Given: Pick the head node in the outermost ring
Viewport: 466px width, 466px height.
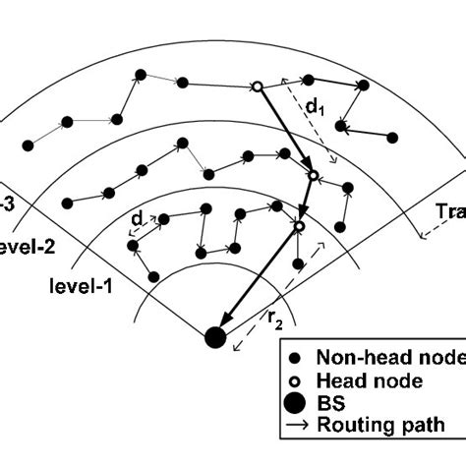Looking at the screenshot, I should click(257, 87).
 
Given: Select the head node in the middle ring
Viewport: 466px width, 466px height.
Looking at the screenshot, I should click(314, 176).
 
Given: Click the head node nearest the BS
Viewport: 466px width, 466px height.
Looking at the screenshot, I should click(299, 227).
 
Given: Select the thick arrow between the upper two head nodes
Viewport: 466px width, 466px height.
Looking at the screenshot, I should click(285, 132).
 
